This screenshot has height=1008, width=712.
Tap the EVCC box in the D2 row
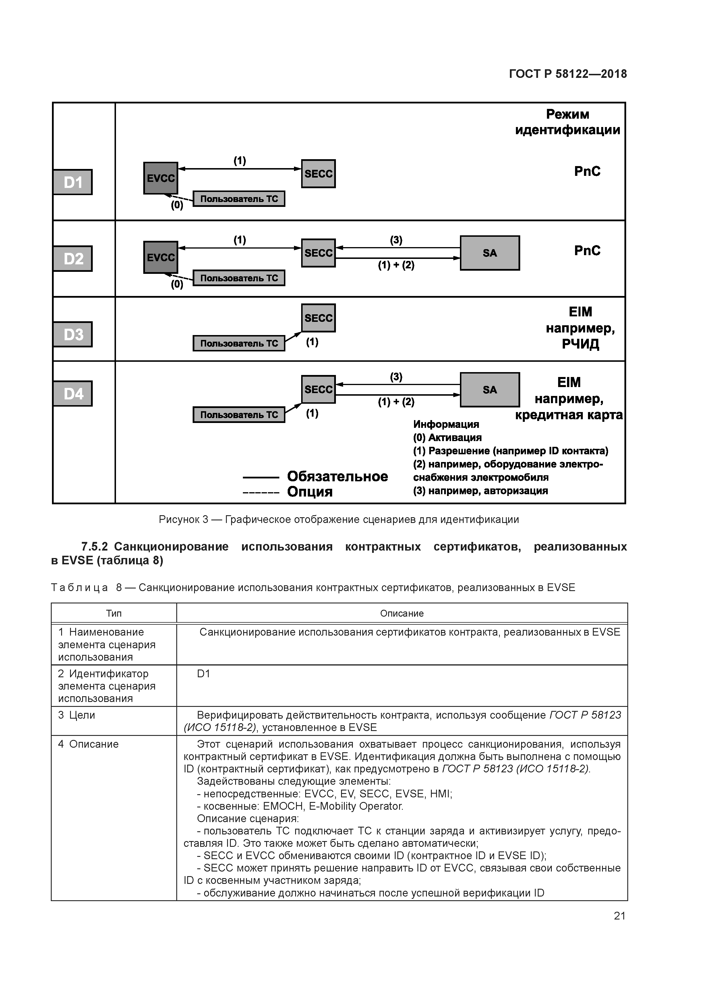coord(160,257)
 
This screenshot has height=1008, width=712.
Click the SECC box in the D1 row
coord(318,174)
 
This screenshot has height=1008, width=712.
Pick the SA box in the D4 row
coord(489,390)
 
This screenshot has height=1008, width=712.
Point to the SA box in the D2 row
coord(489,253)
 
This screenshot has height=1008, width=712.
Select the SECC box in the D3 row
coord(318,318)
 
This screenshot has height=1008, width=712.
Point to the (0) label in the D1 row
coord(177,205)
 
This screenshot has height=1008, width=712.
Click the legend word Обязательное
coord(337,476)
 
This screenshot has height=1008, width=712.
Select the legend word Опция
coord(310,492)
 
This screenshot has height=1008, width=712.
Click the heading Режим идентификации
coord(567,122)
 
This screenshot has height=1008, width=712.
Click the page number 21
coord(619,916)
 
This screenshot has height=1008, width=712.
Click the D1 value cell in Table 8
coord(204,674)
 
